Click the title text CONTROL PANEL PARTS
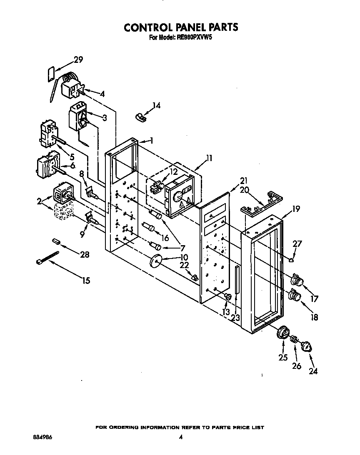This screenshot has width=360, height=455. (181, 27)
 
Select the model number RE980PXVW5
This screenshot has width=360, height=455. (195, 37)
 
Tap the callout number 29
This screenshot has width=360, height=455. (78, 60)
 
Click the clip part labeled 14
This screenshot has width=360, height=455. (141, 117)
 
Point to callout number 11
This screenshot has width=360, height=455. (209, 158)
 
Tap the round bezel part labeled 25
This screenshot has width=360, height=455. (283, 333)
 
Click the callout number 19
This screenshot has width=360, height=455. (295, 209)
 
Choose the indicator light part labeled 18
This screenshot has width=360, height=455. (295, 296)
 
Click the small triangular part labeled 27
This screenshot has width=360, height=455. (292, 260)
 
